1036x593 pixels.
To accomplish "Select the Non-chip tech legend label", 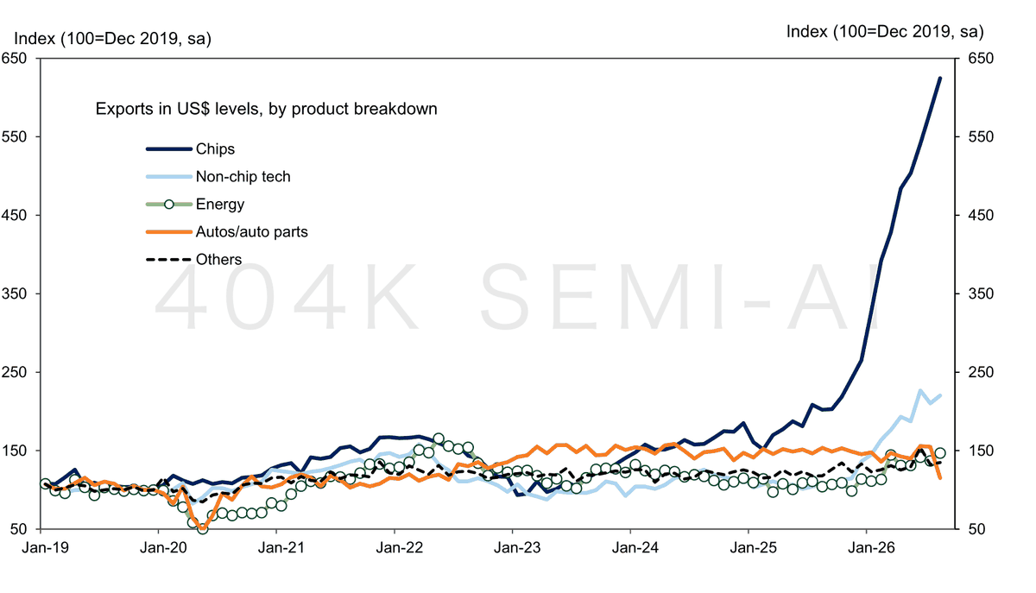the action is pyautogui.click(x=243, y=177).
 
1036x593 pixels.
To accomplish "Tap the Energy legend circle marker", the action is pyautogui.click(x=169, y=204).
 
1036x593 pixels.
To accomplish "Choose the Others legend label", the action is pyautogui.click(x=218, y=260).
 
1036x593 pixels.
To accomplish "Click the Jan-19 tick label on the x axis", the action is pyautogui.click(x=45, y=547).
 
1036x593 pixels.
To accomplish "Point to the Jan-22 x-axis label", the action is pyautogui.click(x=400, y=547).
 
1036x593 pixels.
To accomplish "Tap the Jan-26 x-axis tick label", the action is pyautogui.click(x=871, y=547).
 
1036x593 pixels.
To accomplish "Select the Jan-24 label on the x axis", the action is pyautogui.click(x=635, y=547).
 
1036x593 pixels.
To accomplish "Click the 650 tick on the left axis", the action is pyautogui.click(x=15, y=59).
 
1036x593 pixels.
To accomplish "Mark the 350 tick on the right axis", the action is pyautogui.click(x=981, y=293).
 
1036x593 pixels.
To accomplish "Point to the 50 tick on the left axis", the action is pyautogui.click(x=18, y=529).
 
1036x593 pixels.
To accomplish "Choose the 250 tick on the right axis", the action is pyautogui.click(x=981, y=372).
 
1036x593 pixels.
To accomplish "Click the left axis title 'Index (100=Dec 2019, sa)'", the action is pyautogui.click(x=113, y=38).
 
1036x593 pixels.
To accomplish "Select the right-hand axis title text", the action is pyautogui.click(x=885, y=31).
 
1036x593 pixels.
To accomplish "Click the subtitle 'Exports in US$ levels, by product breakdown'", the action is pyautogui.click(x=267, y=109).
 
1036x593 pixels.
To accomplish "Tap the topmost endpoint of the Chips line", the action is pyautogui.click(x=940, y=78).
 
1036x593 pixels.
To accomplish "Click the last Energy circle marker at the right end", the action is pyautogui.click(x=940, y=453).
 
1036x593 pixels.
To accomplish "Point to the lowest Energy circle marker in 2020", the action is pyautogui.click(x=203, y=528).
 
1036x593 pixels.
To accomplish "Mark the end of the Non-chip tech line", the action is pyautogui.click(x=940, y=395).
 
